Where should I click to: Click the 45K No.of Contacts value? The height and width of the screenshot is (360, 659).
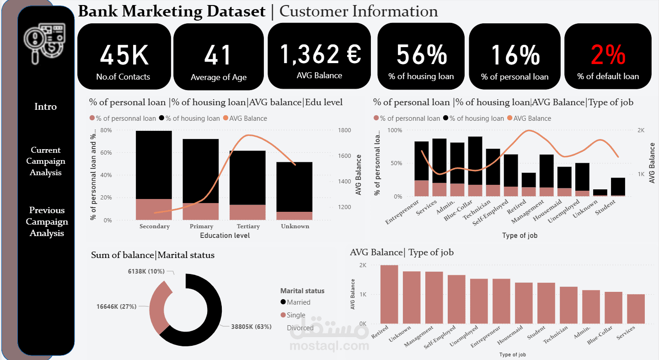(x=124, y=55)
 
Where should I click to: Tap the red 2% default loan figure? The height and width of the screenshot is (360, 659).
(x=608, y=55)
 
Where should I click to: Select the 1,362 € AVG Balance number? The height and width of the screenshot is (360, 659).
(x=321, y=54)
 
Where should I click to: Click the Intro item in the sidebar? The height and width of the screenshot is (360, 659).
(x=45, y=106)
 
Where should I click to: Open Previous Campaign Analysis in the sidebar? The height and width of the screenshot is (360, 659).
(x=47, y=221)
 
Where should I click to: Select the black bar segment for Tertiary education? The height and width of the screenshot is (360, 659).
(x=247, y=178)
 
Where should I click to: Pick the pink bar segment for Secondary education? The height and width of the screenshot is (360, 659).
(x=154, y=210)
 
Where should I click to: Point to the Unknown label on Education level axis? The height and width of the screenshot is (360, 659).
(x=295, y=226)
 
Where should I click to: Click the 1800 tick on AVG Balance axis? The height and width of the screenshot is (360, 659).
(x=344, y=130)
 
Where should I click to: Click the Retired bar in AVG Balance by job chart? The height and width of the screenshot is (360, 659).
(x=389, y=294)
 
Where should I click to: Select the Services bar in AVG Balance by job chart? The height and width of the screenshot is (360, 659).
(x=636, y=309)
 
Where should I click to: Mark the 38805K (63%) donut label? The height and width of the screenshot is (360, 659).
(x=251, y=327)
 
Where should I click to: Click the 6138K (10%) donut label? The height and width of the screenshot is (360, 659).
(x=146, y=271)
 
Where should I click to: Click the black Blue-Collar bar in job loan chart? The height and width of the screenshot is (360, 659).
(x=475, y=161)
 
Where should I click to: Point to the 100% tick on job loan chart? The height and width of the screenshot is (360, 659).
(x=395, y=130)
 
